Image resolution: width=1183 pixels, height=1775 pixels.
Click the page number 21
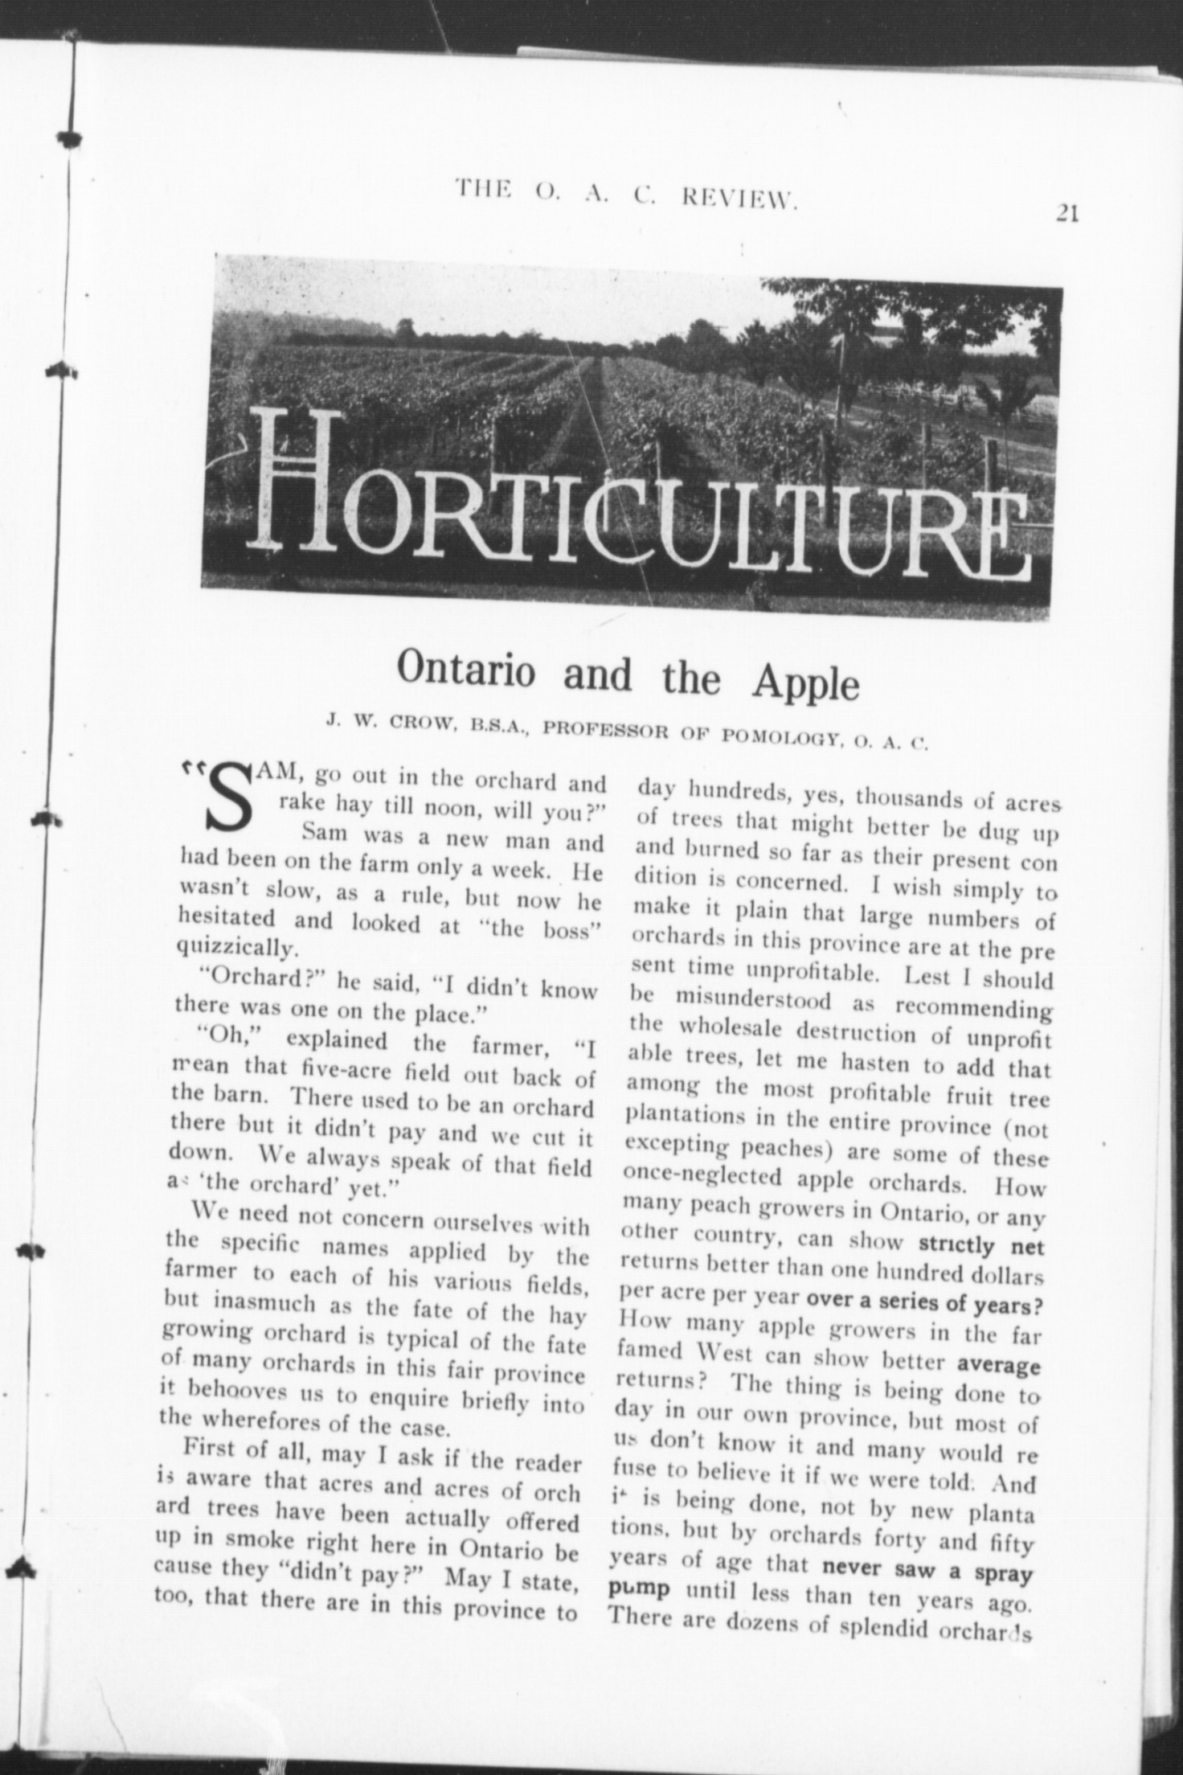coord(1067,213)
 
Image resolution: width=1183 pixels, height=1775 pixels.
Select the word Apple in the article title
coord(805,683)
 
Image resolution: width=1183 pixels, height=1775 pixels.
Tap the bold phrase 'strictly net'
coord(981,1246)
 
